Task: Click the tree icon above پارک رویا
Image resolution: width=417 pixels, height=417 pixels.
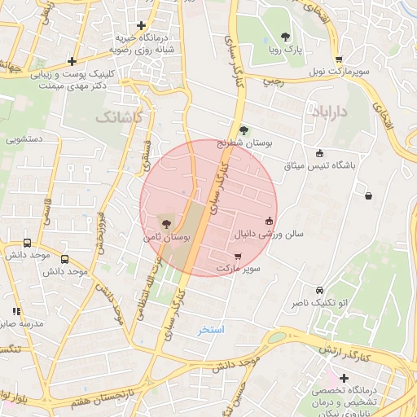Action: tap(285, 36)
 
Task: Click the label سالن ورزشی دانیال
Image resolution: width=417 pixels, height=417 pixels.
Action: tap(268, 234)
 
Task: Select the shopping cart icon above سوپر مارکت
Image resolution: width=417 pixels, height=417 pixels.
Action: tap(237, 256)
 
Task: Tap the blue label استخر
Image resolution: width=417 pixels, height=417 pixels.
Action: tap(211, 330)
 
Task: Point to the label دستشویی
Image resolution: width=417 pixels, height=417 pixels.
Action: tap(25, 140)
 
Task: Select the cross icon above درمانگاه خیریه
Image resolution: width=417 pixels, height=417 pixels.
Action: tap(142, 25)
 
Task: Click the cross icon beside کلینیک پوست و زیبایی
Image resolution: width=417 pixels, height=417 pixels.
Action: tap(72, 61)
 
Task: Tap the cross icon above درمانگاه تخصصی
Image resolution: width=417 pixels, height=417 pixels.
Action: tap(345, 378)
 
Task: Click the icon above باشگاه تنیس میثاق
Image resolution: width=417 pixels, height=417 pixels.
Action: tap(319, 152)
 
